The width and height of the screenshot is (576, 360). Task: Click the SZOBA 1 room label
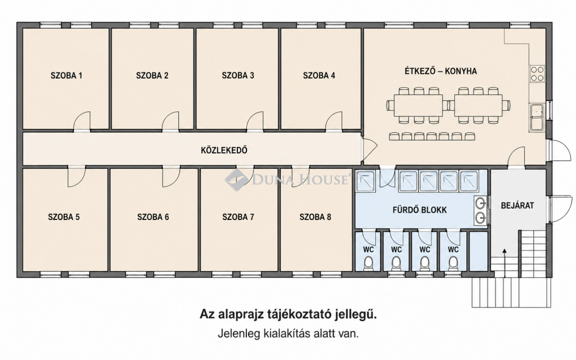pos(66,76)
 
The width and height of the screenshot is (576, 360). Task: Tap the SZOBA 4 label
pos(319,76)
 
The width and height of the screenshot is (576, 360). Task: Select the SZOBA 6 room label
pos(153,217)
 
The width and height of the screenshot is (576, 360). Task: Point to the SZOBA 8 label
pos(315,217)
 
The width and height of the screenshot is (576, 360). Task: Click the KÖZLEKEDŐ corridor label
pos(224,150)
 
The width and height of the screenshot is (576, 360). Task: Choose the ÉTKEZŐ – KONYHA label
pos(441,71)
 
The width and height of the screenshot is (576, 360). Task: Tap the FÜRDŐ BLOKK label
pos(420,210)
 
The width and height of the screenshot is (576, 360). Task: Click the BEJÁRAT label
pos(517,205)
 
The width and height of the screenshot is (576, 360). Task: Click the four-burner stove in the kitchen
pos(537,73)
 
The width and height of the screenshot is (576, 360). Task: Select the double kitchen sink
pos(537,117)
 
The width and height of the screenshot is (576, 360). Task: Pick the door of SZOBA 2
pos(170,122)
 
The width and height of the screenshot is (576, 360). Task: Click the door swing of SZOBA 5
pos(76,176)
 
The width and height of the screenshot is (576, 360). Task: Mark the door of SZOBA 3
pos(255,122)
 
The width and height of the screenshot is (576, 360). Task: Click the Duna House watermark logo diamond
pos(236,179)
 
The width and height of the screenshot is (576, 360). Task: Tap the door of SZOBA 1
pos(82,122)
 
